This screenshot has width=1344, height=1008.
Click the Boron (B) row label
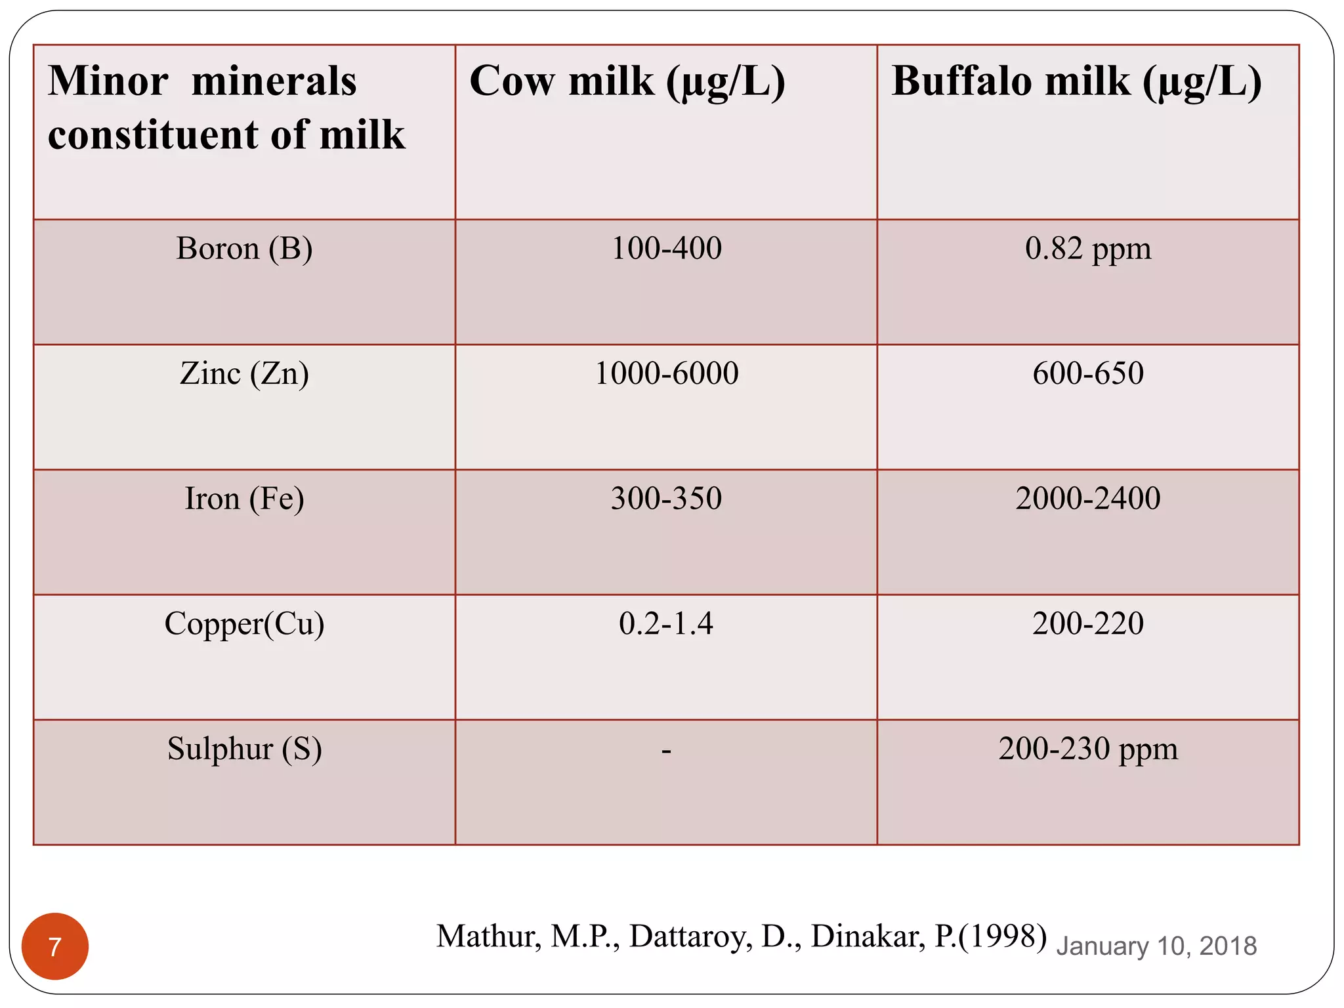[244, 249]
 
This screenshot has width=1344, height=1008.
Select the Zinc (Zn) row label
[244, 374]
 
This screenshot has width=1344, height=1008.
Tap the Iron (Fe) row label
[244, 499]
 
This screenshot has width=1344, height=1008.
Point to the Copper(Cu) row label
[244, 624]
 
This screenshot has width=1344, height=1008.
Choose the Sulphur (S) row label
[244, 749]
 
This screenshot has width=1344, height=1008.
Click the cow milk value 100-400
[666, 249]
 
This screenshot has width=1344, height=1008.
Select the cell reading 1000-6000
[666, 373]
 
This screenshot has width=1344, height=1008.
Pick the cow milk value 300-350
[666, 499]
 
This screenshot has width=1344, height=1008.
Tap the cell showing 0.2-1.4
[666, 623]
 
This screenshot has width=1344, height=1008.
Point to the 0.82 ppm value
[1088, 249]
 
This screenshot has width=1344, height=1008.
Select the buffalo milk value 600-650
[1088, 373]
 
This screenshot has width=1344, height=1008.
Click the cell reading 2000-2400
[1088, 499]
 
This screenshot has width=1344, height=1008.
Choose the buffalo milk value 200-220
[1088, 623]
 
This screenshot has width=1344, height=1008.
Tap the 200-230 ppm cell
[1088, 749]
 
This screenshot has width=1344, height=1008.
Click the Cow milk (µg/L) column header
[627, 82]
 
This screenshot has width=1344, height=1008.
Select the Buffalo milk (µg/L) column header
[1076, 82]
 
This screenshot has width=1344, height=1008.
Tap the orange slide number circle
[55, 946]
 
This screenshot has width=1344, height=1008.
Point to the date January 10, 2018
[1156, 946]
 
